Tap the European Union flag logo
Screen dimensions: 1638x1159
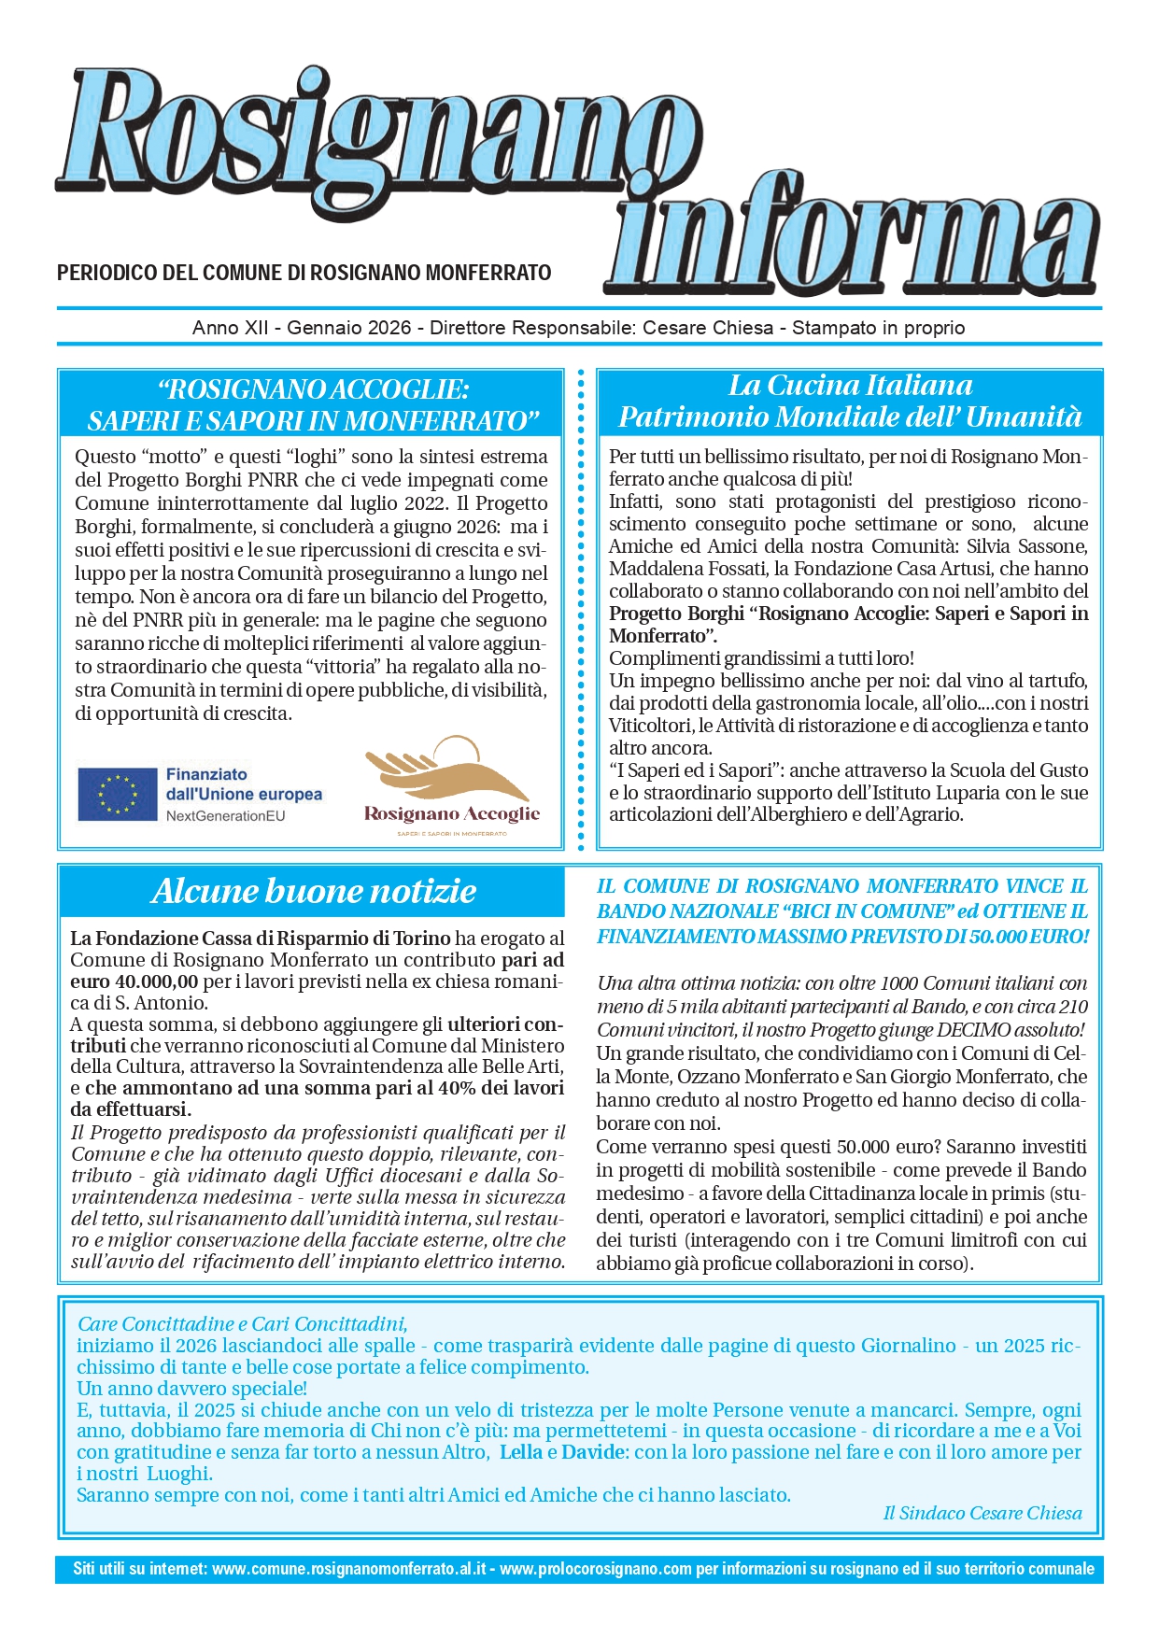coord(118,794)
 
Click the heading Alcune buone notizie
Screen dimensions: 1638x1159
coord(314,891)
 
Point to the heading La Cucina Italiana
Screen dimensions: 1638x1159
coord(850,386)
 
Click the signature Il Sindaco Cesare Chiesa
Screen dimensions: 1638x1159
coord(982,1513)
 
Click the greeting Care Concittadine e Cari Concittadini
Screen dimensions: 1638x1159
coord(243,1323)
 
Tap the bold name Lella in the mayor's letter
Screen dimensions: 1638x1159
coord(521,1452)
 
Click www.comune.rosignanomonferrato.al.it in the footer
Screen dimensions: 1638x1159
coord(349,1569)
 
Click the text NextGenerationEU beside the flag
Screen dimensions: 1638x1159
coord(226,815)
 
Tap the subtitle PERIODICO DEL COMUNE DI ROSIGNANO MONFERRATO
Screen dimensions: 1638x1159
coord(304,273)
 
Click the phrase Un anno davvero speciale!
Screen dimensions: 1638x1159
coord(191,1389)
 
